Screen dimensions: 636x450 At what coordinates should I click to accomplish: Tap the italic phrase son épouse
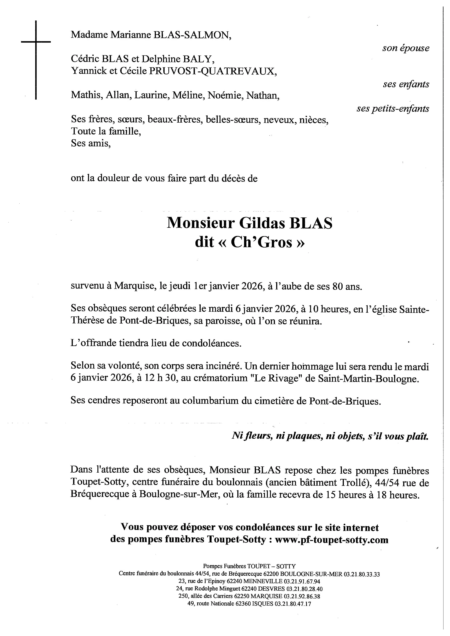(406, 48)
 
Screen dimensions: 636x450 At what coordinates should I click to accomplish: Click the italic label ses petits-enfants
(393, 109)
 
